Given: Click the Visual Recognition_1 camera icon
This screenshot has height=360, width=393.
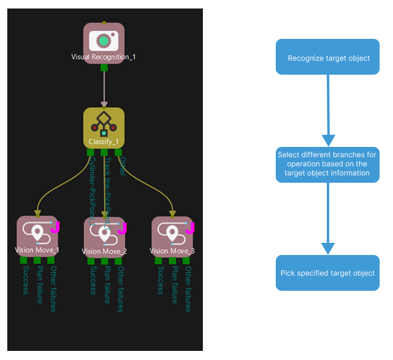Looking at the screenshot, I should (x=103, y=41).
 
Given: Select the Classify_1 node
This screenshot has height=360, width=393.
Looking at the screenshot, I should (x=104, y=127).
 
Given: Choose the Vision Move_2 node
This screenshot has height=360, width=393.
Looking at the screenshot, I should (x=104, y=237).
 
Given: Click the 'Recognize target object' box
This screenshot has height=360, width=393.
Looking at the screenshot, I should (x=328, y=58).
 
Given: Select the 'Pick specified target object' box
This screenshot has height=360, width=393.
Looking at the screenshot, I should (x=328, y=273).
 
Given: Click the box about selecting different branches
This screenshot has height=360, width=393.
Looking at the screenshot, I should (x=328, y=165).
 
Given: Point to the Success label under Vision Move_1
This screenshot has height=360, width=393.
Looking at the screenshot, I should (x=26, y=280).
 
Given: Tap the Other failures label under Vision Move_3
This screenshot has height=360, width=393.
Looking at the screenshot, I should (x=188, y=289).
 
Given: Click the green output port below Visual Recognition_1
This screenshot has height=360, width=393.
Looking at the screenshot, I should (x=104, y=67).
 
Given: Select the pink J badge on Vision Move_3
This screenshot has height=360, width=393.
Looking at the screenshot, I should (x=189, y=228).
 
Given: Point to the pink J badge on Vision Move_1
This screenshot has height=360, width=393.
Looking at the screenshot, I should (x=55, y=227).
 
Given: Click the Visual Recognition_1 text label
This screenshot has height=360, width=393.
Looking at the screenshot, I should (x=103, y=57).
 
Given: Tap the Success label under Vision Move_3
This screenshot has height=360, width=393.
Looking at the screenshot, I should (x=160, y=280).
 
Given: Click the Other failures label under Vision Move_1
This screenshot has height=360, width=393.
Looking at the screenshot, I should (x=53, y=289).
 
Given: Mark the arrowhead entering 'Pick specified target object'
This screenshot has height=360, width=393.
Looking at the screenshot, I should (x=328, y=248).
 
